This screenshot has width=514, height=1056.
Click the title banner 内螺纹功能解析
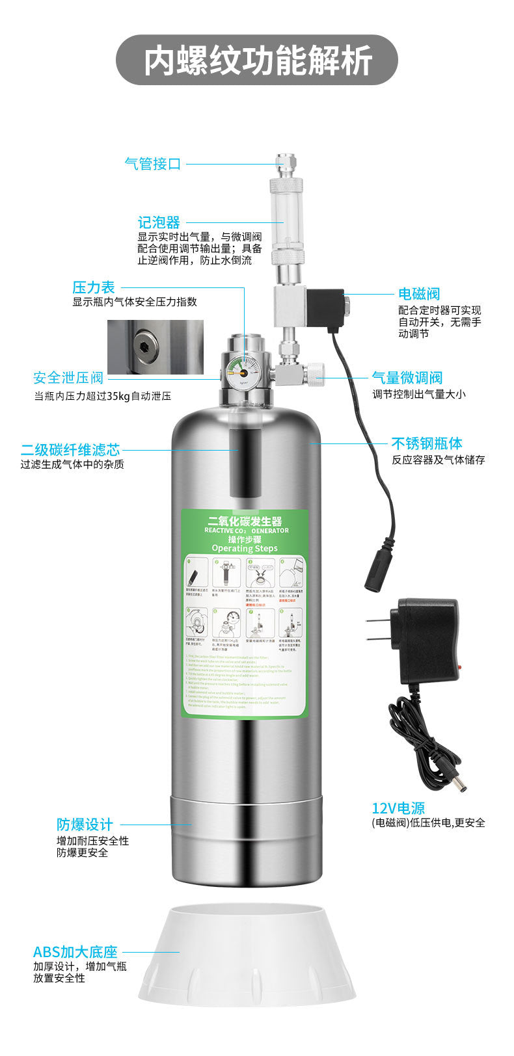[x=257, y=60]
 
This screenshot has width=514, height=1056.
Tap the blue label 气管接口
[x=152, y=164]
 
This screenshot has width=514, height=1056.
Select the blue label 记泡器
[x=158, y=223]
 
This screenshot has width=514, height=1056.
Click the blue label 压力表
[x=93, y=287]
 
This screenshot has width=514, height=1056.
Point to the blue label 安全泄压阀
[x=68, y=378]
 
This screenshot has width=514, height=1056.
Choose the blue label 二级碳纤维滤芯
[x=70, y=449]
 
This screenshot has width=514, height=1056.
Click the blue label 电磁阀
[x=419, y=294]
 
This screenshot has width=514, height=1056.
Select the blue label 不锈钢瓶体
[x=427, y=443]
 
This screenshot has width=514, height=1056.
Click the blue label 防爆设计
[x=85, y=825]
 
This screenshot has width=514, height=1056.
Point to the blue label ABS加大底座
[x=75, y=953]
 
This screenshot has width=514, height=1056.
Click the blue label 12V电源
[x=398, y=808]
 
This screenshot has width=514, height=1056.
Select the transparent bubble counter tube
[x=284, y=220]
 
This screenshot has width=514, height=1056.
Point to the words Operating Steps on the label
[x=244, y=548]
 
